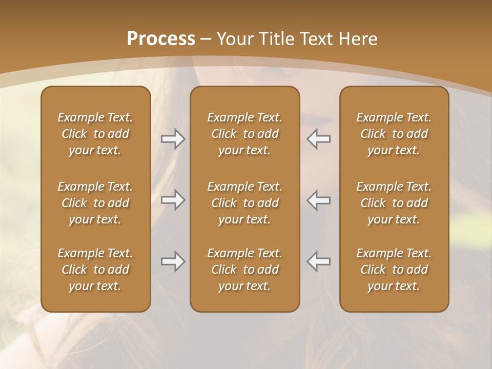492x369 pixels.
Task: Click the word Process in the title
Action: tap(161, 39)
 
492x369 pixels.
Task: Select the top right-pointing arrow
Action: tap(173, 139)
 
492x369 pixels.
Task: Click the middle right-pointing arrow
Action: tap(173, 200)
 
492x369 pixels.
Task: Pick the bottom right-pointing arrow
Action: tap(173, 261)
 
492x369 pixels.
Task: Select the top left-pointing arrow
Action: tap(318, 139)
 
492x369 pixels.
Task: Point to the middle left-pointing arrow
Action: tap(318, 200)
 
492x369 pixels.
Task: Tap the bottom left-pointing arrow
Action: tap(318, 261)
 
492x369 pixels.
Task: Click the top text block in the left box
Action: tap(95, 134)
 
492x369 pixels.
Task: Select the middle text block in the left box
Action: tap(95, 203)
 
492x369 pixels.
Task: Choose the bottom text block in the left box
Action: tap(95, 270)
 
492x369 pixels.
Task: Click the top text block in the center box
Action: tap(244, 134)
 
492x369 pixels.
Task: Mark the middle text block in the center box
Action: tap(244, 203)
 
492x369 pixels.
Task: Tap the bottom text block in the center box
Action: tap(244, 270)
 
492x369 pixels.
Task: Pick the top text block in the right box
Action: tap(394, 134)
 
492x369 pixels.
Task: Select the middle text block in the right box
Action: tap(394, 203)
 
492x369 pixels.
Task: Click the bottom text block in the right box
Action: tap(394, 270)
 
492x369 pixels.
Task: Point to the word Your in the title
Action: tap(234, 39)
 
